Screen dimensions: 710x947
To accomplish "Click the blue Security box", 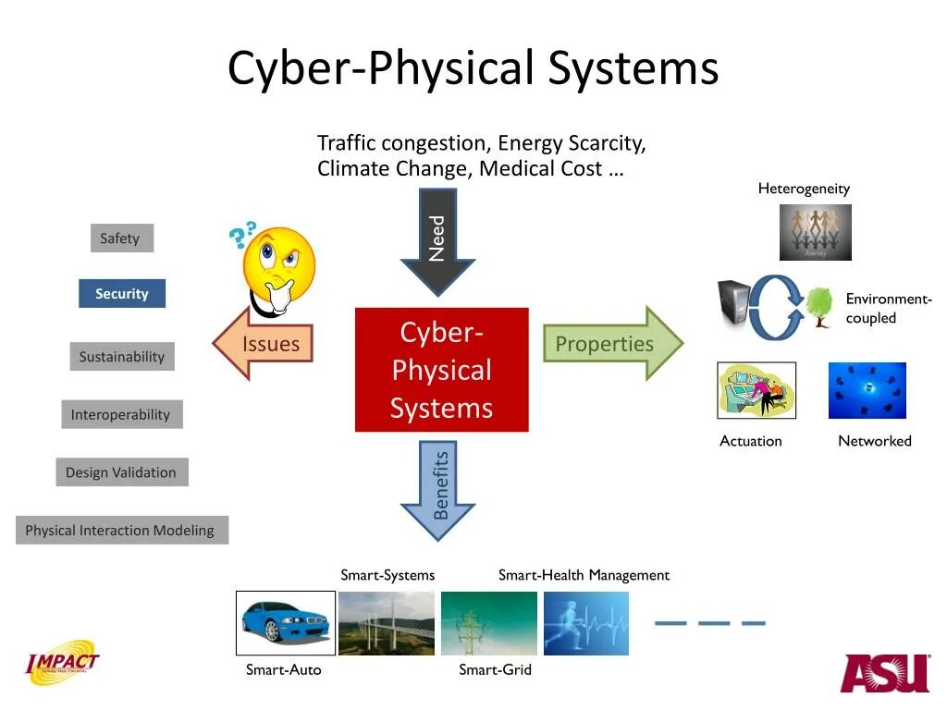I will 122,294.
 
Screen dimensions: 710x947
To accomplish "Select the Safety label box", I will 121,239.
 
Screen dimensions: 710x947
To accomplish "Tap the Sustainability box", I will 122,357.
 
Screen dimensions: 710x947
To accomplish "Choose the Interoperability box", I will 121,415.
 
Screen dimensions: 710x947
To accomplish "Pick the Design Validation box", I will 121,472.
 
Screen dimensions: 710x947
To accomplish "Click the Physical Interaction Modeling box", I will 121,531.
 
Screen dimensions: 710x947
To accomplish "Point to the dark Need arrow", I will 437,240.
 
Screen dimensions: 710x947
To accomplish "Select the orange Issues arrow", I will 264,344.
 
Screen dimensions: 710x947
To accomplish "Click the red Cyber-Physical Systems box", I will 441,370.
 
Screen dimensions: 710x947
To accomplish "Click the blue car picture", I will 286,622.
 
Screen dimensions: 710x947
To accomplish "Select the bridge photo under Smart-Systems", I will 386,623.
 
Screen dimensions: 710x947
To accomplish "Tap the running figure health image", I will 585,623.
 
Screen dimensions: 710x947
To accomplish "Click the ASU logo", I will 885,672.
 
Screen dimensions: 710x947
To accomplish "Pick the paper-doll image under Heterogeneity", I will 815,232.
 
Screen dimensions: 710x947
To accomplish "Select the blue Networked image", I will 867,390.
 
